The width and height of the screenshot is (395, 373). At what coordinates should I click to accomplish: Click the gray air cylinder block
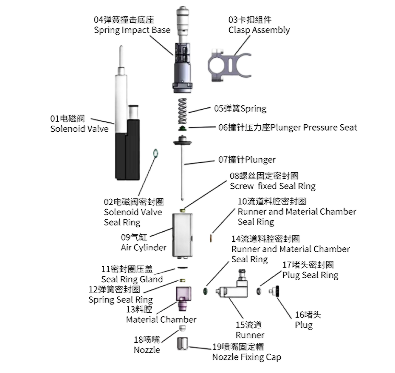(x=183, y=235)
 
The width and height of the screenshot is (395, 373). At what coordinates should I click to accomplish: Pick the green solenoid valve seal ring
(x=156, y=153)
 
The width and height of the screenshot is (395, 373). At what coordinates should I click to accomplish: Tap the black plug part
(x=277, y=291)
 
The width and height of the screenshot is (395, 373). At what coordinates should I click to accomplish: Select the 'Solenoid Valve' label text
(x=79, y=129)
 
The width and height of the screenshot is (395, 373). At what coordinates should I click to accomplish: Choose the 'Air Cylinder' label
(x=143, y=247)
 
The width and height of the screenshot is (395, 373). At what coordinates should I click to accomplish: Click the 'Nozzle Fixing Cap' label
(x=246, y=357)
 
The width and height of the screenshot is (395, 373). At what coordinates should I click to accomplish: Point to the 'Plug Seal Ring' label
(x=310, y=275)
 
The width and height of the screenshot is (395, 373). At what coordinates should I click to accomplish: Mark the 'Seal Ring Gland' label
(x=132, y=279)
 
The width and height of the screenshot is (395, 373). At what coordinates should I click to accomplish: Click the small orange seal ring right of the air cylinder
(x=211, y=237)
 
